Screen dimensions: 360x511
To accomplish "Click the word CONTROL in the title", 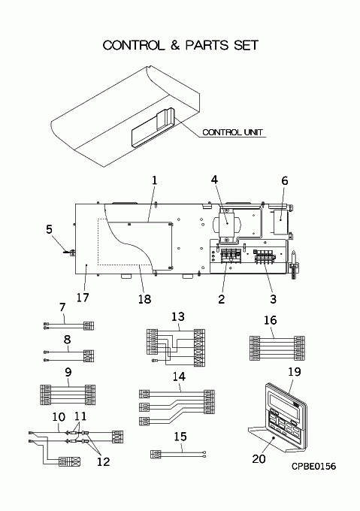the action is (x=134, y=45).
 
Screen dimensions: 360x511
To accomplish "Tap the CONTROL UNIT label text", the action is (x=232, y=132).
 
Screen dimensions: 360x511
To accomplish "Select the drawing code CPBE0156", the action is (x=313, y=466).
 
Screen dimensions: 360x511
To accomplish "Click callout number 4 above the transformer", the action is (x=214, y=180).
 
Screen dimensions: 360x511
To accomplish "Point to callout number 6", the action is (x=284, y=181).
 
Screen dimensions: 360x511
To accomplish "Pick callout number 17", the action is (x=83, y=298).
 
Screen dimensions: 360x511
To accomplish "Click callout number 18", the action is (x=144, y=298).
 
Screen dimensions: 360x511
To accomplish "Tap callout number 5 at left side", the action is (x=49, y=229).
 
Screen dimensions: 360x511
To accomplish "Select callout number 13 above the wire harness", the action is (x=178, y=317).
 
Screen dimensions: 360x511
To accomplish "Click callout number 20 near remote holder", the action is (x=259, y=459).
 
